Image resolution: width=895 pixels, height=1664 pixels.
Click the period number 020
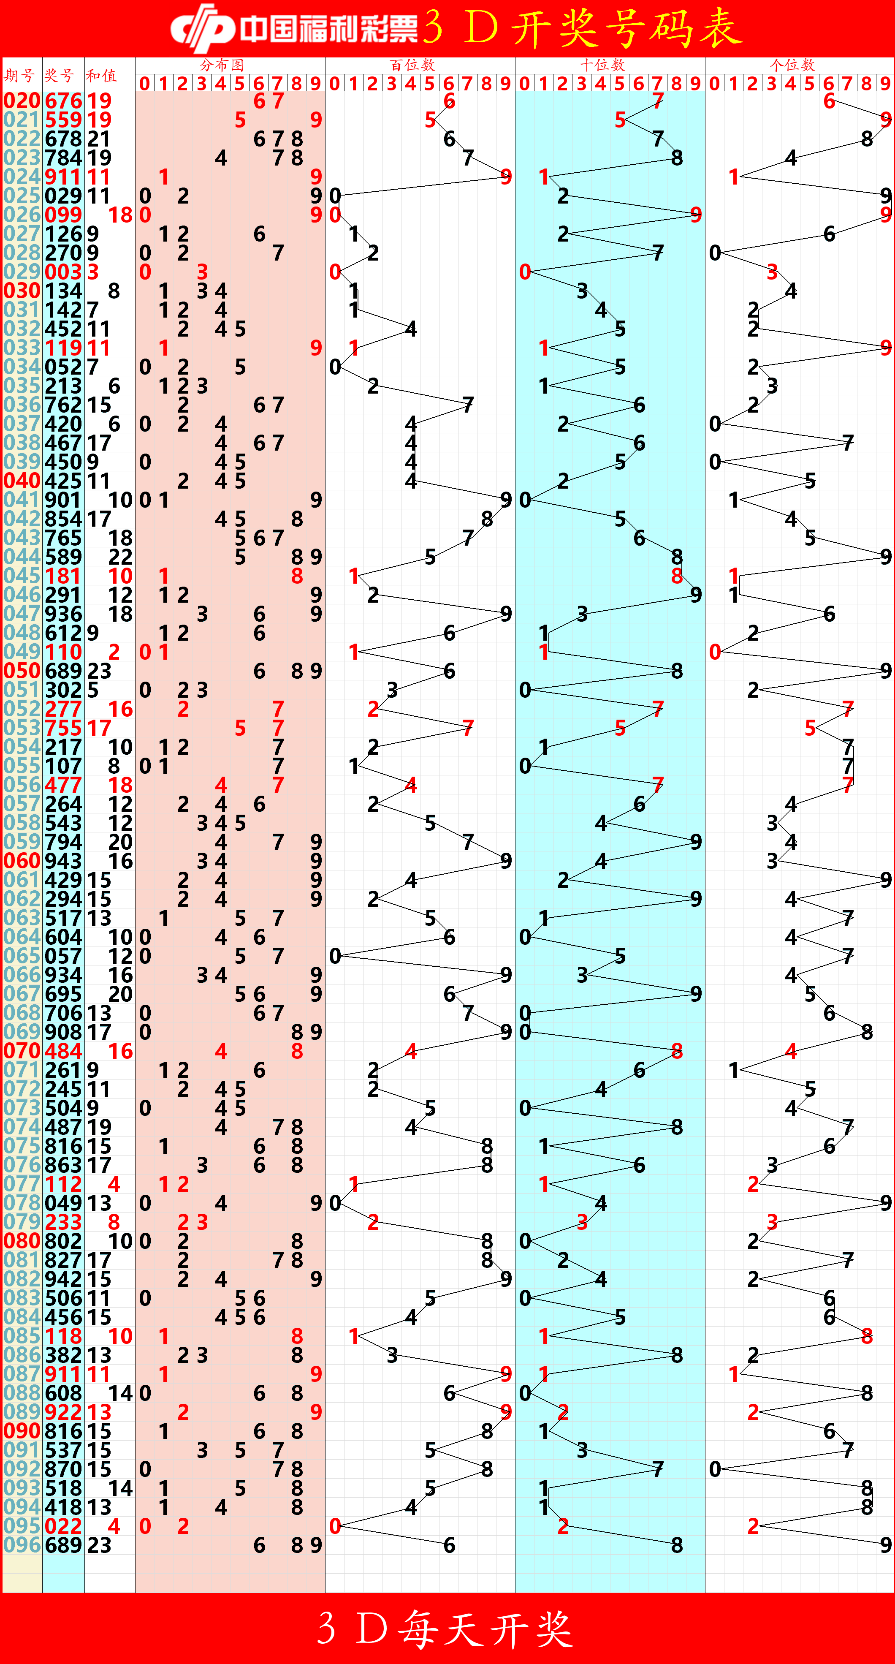pyautogui.click(x=22, y=101)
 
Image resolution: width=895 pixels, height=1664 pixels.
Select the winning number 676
pyautogui.click(x=63, y=101)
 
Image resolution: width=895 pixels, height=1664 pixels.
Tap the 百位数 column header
pyautogui.click(x=412, y=65)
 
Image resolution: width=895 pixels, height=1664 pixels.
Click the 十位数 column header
pyautogui.click(x=602, y=65)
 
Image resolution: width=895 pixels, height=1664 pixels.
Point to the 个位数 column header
pyautogui.click(x=792, y=65)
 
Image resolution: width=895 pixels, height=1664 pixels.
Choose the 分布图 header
pyautogui.click(x=222, y=65)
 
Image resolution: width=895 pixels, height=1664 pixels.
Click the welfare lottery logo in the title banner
pyautogui.click(x=201, y=28)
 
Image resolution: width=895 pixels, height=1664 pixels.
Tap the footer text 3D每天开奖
pyautogui.click(x=445, y=1628)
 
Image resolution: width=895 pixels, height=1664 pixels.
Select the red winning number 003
pyautogui.click(x=63, y=272)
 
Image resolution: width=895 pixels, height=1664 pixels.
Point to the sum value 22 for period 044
pyautogui.click(x=120, y=557)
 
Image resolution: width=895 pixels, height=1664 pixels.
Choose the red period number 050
pyautogui.click(x=22, y=671)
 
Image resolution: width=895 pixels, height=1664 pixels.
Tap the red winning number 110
pyautogui.click(x=63, y=652)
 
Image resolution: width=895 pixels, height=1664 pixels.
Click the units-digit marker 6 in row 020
pyautogui.click(x=829, y=101)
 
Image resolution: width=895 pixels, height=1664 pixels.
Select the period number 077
pyautogui.click(x=22, y=1184)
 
